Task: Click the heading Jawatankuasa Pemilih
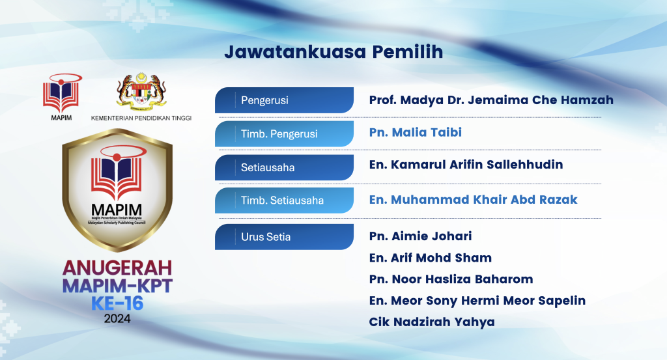[333, 52]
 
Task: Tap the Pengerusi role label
[264, 101]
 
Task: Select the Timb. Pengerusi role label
[279, 134]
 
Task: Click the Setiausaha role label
[268, 167]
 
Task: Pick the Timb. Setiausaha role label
[282, 201]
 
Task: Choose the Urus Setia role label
[266, 237]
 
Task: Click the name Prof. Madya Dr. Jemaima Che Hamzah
[491, 100]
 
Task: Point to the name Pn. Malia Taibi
[415, 133]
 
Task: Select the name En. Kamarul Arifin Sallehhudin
[466, 165]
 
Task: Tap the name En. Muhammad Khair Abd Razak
[473, 200]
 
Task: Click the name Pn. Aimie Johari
[420, 236]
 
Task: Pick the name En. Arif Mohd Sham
[430, 258]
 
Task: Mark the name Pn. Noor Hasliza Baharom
[451, 279]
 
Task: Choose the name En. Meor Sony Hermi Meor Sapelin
[477, 301]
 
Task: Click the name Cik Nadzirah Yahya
[431, 322]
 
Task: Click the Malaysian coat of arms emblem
[141, 92]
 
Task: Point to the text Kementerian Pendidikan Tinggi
[141, 118]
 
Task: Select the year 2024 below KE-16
[117, 319]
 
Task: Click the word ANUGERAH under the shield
[117, 268]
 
